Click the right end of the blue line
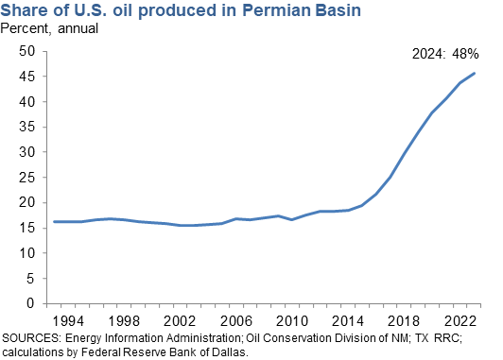475,74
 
